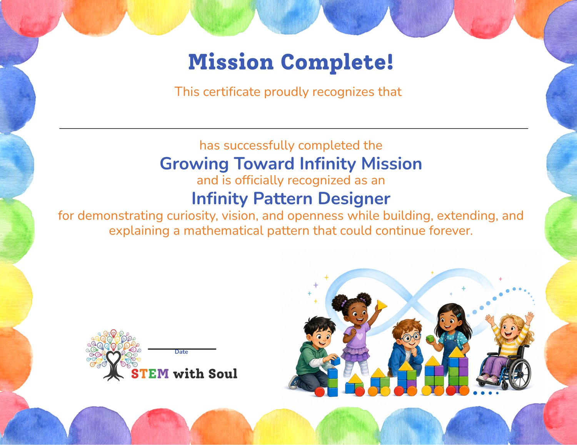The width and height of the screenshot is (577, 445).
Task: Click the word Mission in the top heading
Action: [231, 62]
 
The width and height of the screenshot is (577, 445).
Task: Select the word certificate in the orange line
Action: [232, 92]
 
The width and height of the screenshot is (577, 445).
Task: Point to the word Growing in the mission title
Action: [194, 164]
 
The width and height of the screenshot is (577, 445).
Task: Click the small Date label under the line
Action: [181, 352]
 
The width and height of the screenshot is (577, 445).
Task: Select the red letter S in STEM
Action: [135, 374]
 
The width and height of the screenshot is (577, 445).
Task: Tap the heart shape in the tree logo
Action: [113, 358]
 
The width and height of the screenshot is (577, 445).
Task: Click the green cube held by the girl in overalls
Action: [430, 339]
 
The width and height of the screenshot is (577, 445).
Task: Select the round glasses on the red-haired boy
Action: [410, 337]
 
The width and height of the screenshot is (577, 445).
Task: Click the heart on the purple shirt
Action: [360, 336]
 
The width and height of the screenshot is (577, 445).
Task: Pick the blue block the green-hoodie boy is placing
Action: [336, 361]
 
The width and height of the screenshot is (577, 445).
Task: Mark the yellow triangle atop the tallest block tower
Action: [457, 352]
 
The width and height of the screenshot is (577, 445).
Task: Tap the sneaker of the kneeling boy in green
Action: [294, 382]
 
